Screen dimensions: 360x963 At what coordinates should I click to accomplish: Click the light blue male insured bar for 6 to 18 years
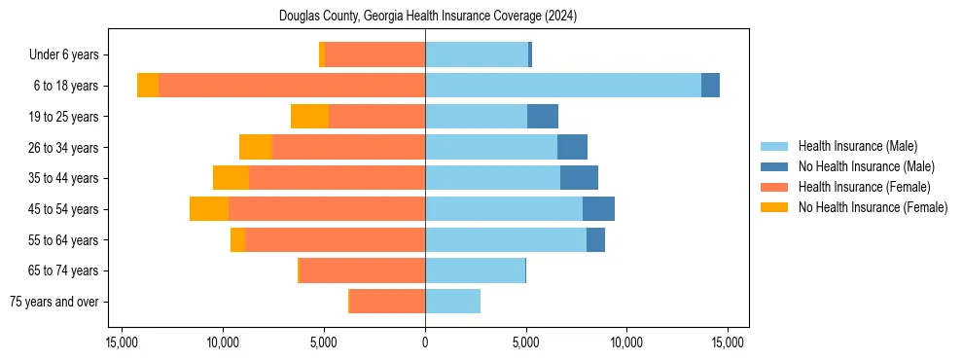(562, 86)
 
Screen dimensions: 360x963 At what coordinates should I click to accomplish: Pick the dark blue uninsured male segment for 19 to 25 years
(543, 117)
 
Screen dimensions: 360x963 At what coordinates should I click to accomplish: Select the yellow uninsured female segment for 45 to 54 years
(209, 209)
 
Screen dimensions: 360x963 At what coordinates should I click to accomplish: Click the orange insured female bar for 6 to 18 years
(292, 86)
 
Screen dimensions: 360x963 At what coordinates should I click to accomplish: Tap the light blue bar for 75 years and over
(452, 302)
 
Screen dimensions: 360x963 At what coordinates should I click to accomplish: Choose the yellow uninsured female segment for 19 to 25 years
(310, 117)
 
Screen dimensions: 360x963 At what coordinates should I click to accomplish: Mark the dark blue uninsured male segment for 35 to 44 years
(579, 178)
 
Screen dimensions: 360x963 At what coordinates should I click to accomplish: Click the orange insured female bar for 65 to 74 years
(362, 270)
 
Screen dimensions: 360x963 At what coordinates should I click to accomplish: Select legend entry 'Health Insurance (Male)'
(857, 147)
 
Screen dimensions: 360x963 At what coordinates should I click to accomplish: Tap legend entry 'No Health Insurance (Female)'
(873, 207)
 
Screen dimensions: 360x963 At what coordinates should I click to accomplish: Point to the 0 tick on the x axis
(425, 343)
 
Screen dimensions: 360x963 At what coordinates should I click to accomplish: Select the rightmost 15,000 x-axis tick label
(728, 343)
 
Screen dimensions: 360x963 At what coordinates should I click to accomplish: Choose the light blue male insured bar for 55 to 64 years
(506, 240)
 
